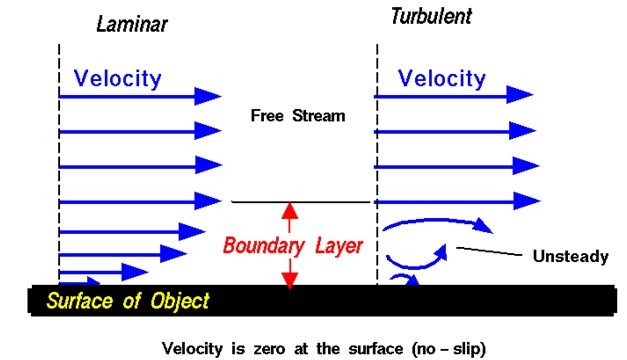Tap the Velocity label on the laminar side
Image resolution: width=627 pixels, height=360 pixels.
(x=117, y=77)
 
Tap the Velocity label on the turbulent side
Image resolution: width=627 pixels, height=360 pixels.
(x=442, y=77)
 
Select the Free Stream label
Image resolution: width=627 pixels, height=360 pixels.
(x=297, y=116)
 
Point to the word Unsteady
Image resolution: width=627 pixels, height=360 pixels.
(x=569, y=257)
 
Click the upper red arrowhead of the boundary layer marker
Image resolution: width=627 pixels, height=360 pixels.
(x=290, y=210)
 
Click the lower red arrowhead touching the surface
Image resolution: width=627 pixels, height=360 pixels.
(x=290, y=281)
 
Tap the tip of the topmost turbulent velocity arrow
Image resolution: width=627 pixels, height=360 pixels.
(x=534, y=96)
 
